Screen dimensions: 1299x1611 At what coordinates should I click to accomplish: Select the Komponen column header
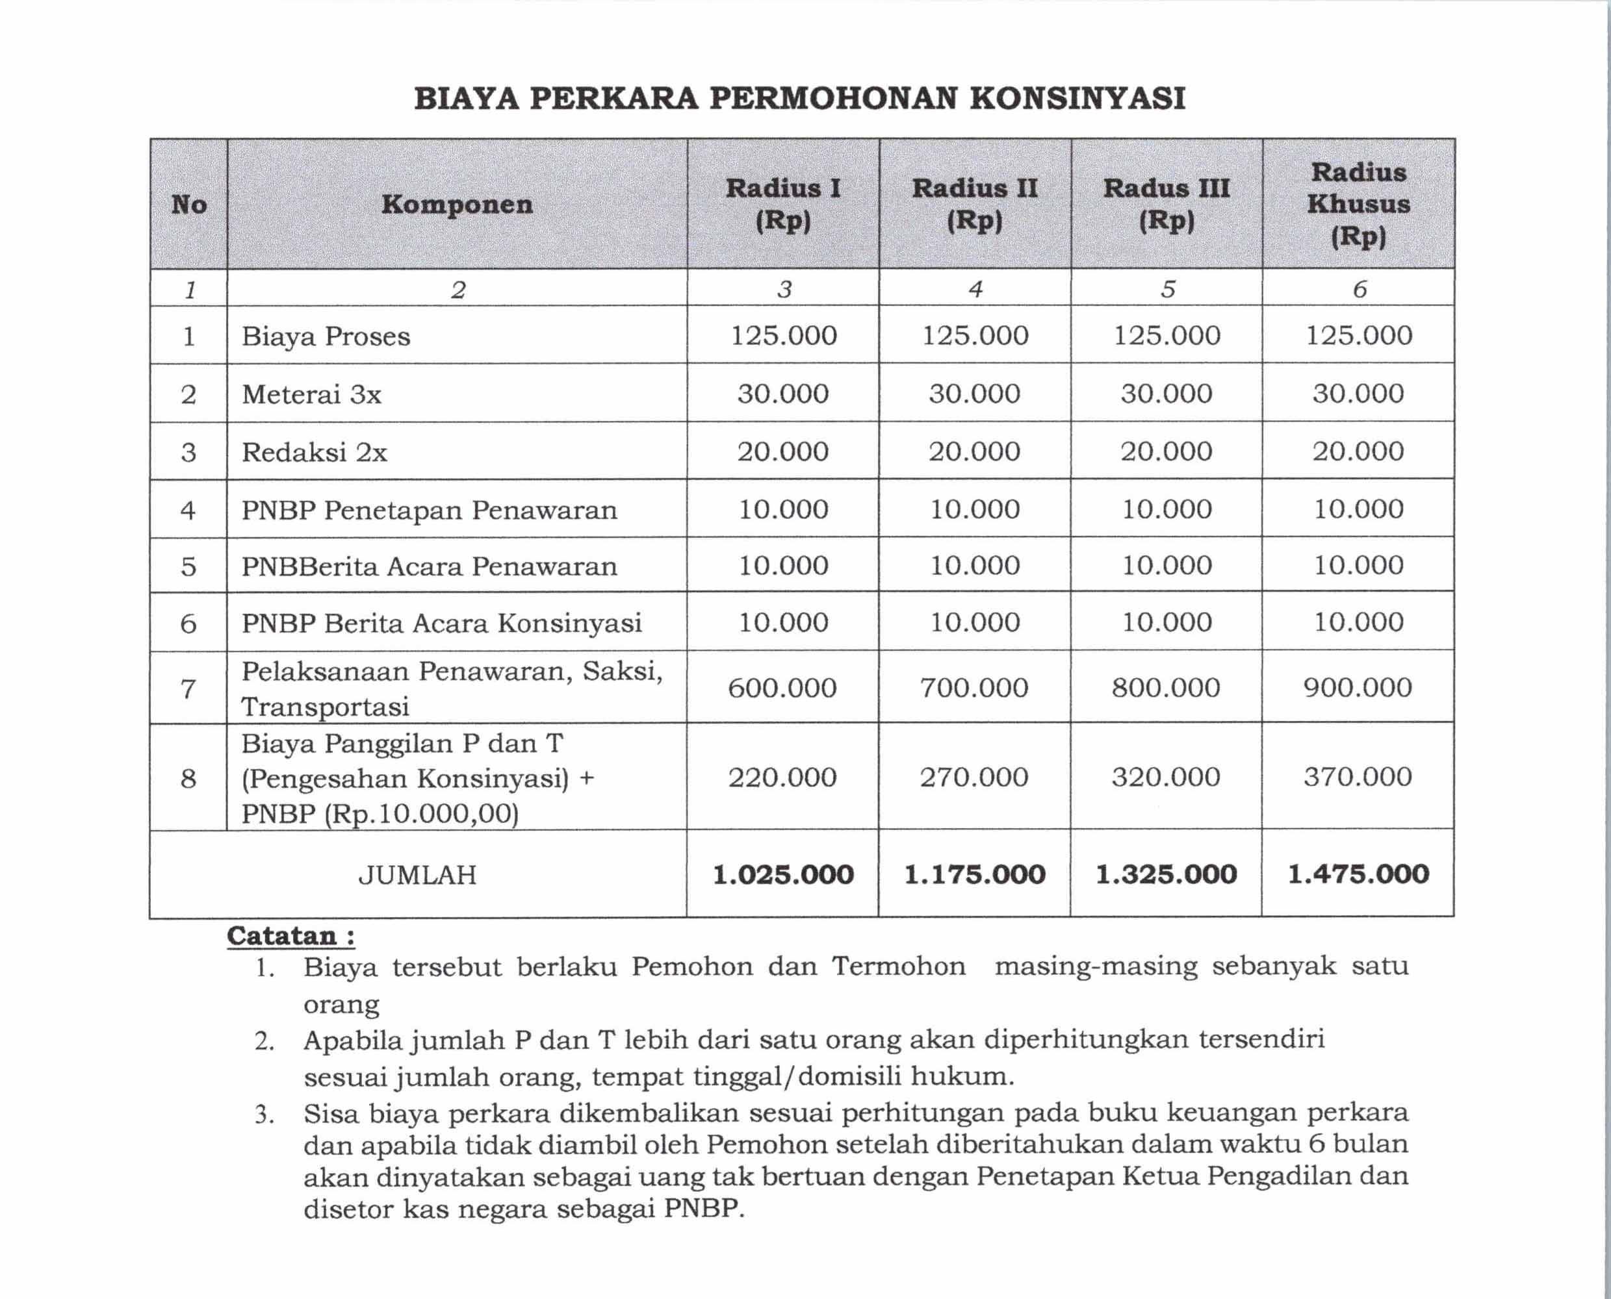pos(457,205)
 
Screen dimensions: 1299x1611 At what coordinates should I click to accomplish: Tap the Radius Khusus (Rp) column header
pos(1358,205)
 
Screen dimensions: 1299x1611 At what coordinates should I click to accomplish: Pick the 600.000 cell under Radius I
pos(782,688)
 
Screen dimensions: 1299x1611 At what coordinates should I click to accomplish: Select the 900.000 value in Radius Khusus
pos(1357,688)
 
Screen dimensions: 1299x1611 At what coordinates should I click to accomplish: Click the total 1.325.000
pos(1166,874)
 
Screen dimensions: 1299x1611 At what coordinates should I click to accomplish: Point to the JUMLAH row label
pos(417,875)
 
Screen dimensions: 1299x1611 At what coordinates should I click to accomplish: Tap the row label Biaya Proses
pos(326,336)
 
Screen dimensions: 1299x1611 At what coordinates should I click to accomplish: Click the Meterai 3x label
pos(311,394)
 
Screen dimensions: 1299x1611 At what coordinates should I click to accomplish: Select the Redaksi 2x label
pos(315,453)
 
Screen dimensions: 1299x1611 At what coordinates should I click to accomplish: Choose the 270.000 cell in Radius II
pos(974,777)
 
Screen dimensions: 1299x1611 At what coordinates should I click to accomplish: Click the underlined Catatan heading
pos(290,936)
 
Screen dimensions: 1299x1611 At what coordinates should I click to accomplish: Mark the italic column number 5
pos(1167,289)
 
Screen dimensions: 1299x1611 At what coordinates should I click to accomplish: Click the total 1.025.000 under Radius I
pos(782,874)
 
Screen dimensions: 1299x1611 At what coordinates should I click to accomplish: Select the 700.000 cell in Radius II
pos(974,688)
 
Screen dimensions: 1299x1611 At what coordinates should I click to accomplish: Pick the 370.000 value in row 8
pos(1357,777)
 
